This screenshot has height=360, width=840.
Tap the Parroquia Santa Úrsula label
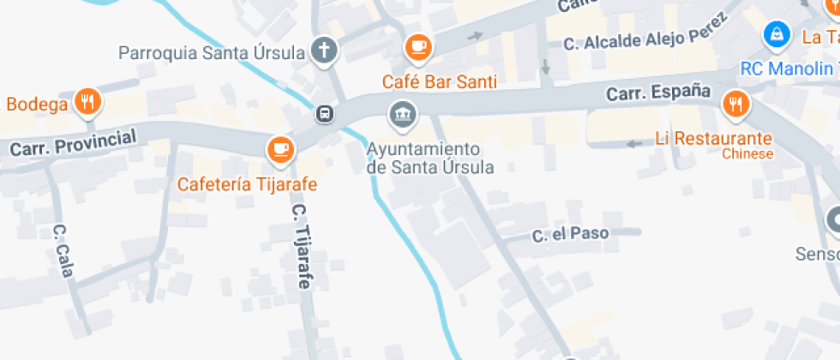click(x=212, y=53)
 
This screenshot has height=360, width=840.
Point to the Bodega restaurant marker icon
click(x=87, y=103)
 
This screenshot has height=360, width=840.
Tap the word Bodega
click(x=37, y=105)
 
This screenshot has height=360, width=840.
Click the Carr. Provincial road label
click(x=73, y=143)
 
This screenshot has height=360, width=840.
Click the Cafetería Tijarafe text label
click(x=248, y=184)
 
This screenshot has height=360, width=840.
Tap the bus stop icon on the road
click(x=325, y=113)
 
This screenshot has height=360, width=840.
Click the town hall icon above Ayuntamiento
click(x=400, y=112)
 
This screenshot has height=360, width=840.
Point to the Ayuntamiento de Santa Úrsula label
click(x=430, y=158)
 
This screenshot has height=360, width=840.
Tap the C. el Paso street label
click(x=570, y=234)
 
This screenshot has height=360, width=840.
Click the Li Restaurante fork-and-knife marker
click(x=735, y=105)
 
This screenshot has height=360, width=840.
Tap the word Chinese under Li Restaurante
click(x=747, y=154)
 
